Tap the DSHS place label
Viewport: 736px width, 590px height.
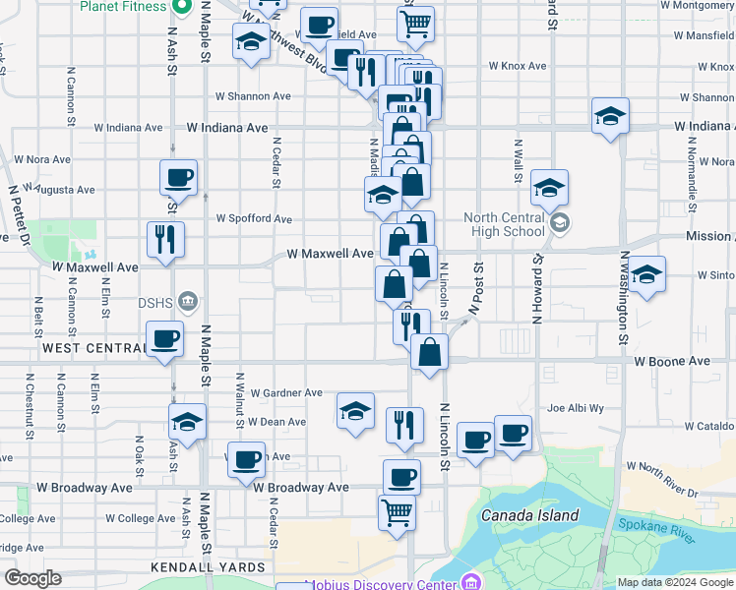click(156, 301)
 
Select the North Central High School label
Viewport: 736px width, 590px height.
click(505, 224)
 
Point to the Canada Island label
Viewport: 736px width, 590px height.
click(529, 515)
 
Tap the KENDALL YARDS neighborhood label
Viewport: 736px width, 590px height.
click(208, 567)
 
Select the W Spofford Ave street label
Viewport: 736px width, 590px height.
click(254, 218)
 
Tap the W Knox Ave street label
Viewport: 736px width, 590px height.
click(517, 66)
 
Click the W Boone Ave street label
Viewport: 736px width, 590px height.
click(672, 362)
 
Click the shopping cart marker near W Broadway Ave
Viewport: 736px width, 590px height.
click(397, 511)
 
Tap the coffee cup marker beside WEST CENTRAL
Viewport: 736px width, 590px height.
click(164, 339)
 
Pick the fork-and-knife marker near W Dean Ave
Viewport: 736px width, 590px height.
click(404, 424)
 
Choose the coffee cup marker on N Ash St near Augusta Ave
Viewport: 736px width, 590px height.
click(178, 178)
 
